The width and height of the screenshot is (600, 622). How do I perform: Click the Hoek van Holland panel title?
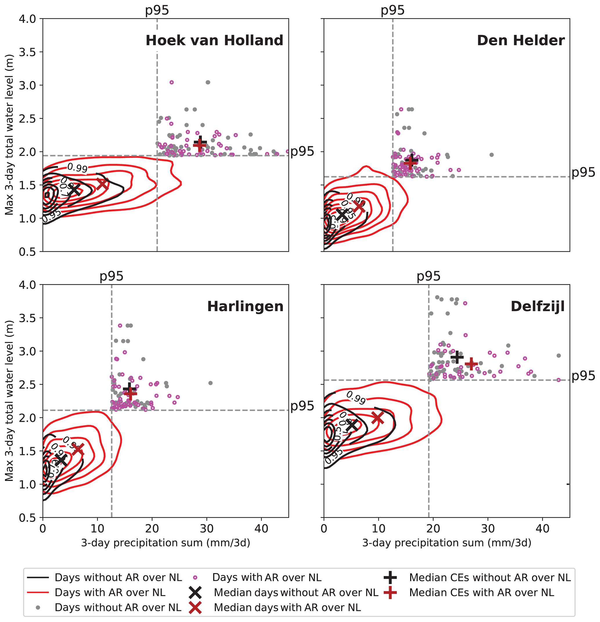pos(214,41)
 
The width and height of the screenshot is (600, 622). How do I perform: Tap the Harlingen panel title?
pos(245,307)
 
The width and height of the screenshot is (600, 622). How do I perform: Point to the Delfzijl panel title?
pos(538,307)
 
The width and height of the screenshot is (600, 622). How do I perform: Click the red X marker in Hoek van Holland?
pos(102,184)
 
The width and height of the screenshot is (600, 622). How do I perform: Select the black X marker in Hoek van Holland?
pos(74,190)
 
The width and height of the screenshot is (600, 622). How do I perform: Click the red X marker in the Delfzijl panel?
pos(378,418)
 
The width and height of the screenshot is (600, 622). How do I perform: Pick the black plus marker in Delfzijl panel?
pos(457,357)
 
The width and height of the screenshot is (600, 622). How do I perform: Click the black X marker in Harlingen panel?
pos(61,459)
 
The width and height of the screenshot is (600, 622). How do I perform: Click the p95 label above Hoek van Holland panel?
pos(157,10)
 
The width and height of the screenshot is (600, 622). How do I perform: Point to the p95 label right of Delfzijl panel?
pos(583,376)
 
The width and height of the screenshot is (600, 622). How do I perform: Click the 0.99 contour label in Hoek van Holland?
pos(77,168)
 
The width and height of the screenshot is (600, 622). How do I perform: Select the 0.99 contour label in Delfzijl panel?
pos(356,398)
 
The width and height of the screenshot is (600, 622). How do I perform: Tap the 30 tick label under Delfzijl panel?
pos(488,529)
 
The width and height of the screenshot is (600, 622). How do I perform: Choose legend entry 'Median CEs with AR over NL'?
pos(481,592)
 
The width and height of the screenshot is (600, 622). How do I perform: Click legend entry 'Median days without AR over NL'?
pos(296,592)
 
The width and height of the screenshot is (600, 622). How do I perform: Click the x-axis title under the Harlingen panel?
pos(166,543)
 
